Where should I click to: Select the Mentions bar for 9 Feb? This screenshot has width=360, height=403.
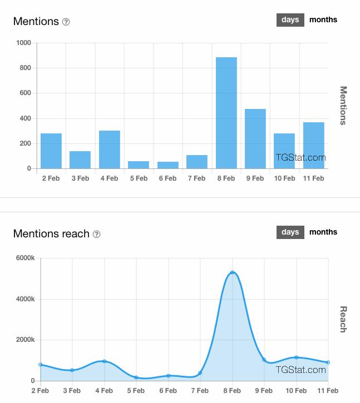coord(255,139)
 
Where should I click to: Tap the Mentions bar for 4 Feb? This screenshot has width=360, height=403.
coord(110,150)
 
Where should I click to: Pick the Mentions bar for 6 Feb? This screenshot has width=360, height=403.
coord(168,165)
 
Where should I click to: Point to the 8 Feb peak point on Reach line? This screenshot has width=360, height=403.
coord(233,272)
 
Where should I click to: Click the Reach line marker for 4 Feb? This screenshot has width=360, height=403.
coord(104,361)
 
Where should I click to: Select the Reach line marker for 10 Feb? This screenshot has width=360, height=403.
coord(296,357)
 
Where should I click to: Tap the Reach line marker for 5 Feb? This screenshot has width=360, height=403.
coord(136,377)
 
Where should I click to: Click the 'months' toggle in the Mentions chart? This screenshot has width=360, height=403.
coord(323,20)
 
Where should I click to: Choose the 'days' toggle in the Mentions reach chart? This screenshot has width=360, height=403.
coord(290,232)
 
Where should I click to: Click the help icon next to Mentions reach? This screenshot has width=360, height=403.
coord(96,235)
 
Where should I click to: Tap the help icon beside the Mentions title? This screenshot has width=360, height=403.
coord(66,22)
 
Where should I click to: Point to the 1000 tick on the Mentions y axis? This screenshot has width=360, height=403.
coord(23,43)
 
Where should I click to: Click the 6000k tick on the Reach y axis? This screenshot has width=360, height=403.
coord(24,258)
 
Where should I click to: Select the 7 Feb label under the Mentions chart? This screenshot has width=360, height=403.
coord(197,178)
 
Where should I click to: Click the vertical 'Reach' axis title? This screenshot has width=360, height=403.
coord(343,319)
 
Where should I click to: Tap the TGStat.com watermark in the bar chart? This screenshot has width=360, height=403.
coord(301,158)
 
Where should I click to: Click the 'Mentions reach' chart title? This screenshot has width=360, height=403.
coord(51,234)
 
